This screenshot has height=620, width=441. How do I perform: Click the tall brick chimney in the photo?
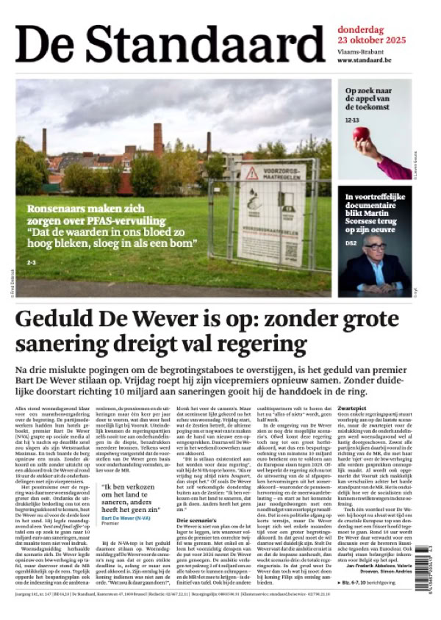[158, 139]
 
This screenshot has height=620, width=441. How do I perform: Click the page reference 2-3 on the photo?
[31, 262]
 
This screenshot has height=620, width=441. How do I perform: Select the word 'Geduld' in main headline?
[58, 320]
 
